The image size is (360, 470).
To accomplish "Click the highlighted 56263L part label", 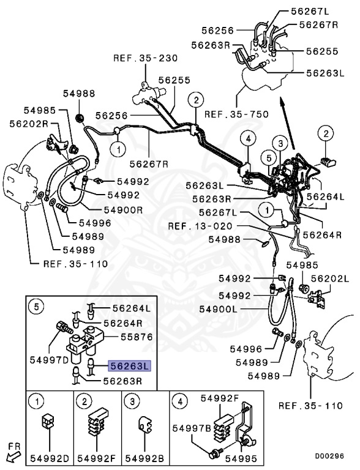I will coord(129,367).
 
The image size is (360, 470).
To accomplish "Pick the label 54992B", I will coord(146,457).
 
